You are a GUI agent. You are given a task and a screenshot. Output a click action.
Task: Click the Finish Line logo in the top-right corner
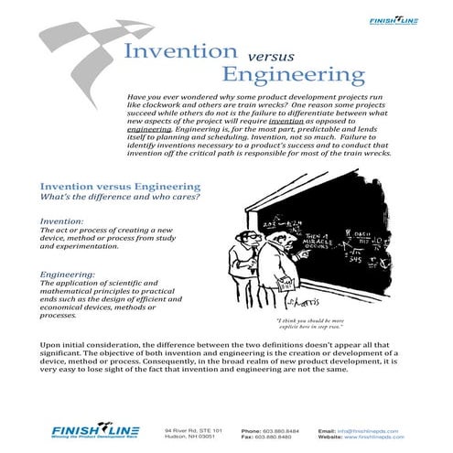(x=407, y=22)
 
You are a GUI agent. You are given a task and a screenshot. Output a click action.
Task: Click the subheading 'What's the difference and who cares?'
(x=113, y=198)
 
